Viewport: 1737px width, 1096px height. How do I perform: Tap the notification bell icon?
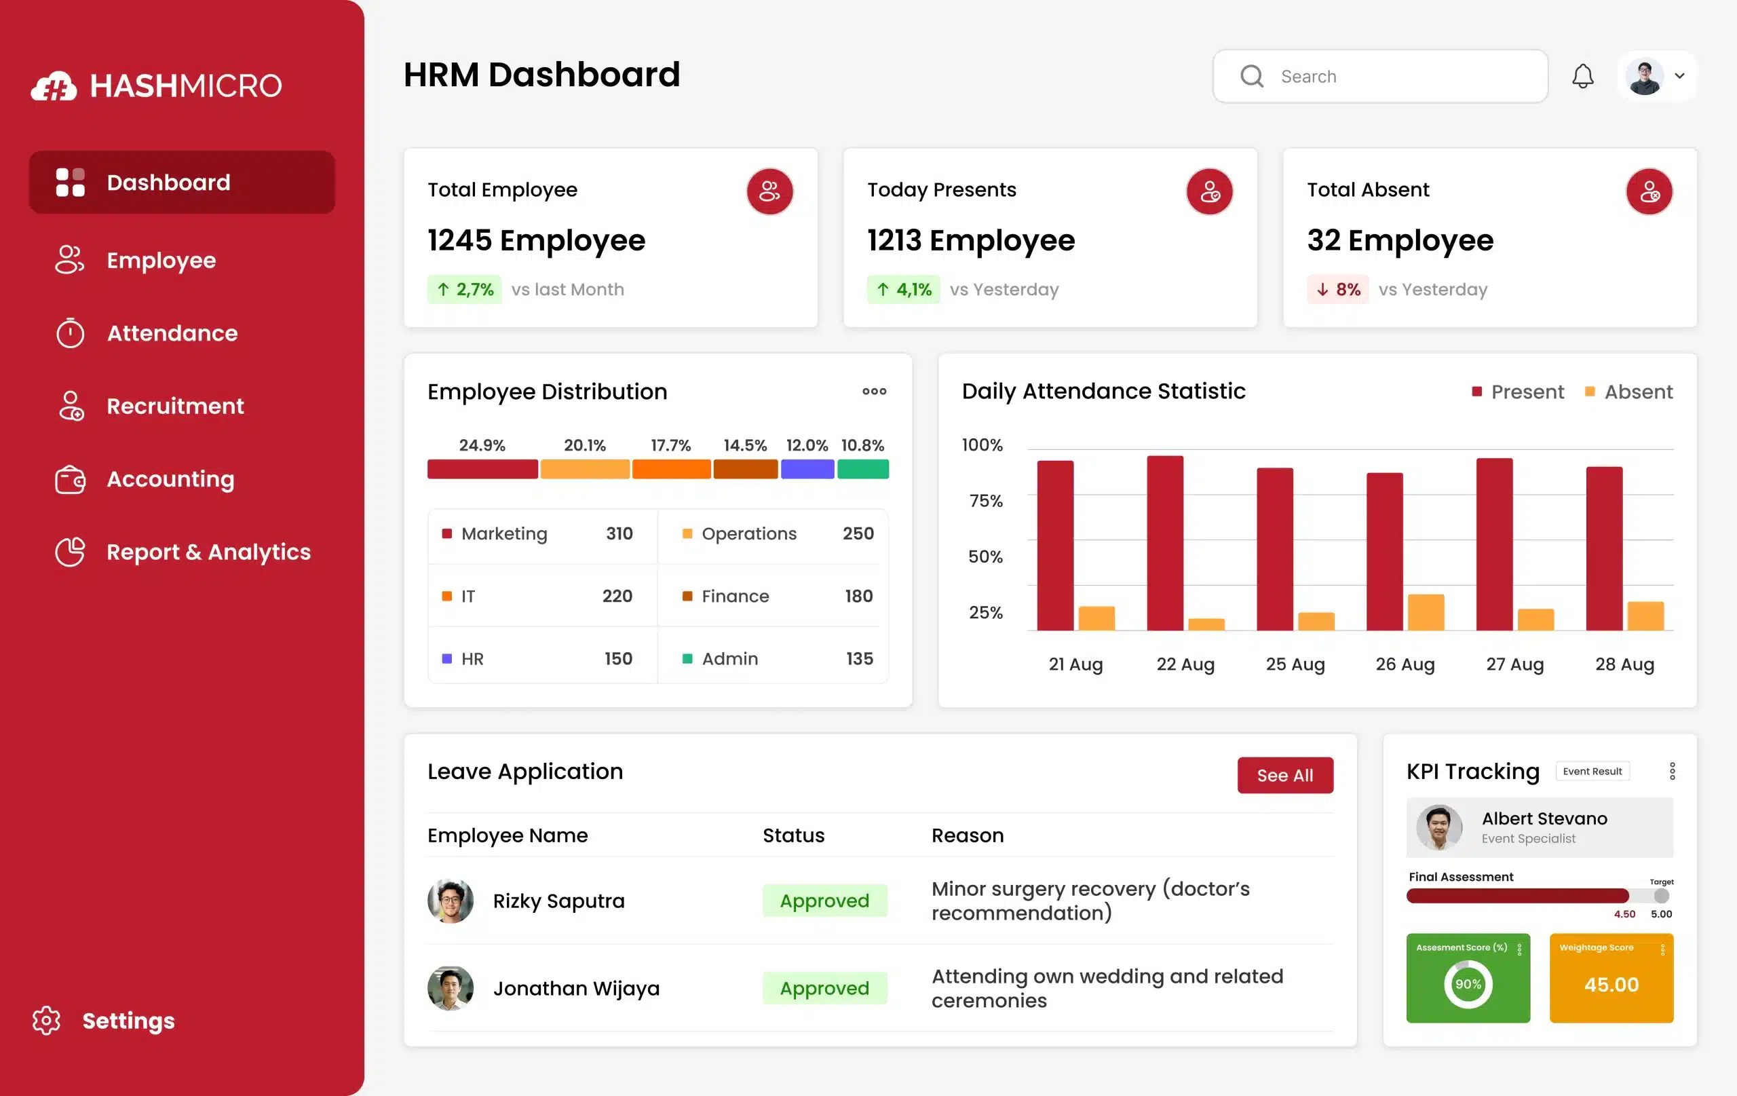pos(1582,76)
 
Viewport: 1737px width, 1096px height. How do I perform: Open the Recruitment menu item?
pos(174,407)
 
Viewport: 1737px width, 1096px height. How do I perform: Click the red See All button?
pos(1284,775)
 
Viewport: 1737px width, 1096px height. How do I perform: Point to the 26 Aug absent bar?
pos(1426,613)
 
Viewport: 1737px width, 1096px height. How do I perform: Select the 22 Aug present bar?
pos(1164,543)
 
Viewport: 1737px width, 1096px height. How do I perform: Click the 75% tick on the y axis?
pos(985,501)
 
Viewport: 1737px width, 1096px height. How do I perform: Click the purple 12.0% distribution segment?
pos(807,469)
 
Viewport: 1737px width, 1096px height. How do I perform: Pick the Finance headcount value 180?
pos(858,596)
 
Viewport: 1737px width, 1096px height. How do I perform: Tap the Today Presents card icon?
pos(1209,192)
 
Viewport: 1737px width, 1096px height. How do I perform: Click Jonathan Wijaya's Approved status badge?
pos(824,988)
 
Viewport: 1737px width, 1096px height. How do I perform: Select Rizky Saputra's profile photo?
pos(450,901)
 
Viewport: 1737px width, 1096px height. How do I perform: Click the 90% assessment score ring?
pos(1467,984)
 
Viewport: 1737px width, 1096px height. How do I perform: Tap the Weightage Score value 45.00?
pos(1611,984)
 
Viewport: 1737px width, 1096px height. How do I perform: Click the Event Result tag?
pos(1591,772)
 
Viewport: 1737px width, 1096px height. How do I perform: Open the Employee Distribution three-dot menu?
pos(873,391)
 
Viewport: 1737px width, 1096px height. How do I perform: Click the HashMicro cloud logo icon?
pos(54,87)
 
